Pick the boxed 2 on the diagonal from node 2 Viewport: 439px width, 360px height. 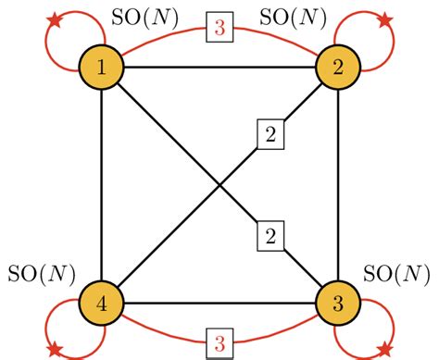[270, 136]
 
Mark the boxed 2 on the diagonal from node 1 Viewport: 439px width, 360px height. [270, 236]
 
